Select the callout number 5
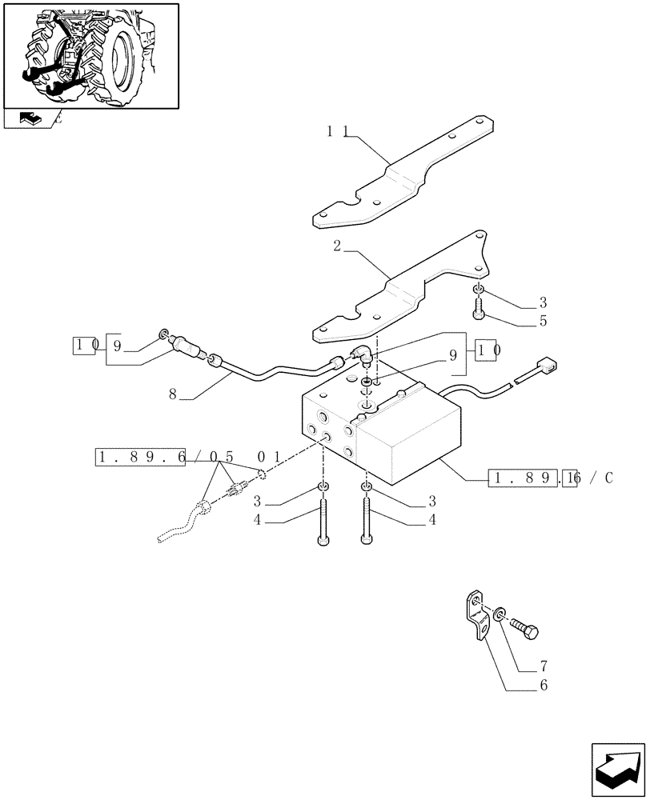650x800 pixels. click(543, 322)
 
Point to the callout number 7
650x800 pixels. click(545, 666)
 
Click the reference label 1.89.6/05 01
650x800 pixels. click(188, 458)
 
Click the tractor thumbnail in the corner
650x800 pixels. click(90, 56)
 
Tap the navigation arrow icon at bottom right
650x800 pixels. click(617, 770)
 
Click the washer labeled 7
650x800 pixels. click(500, 614)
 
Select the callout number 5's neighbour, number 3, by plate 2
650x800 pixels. click(543, 302)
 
